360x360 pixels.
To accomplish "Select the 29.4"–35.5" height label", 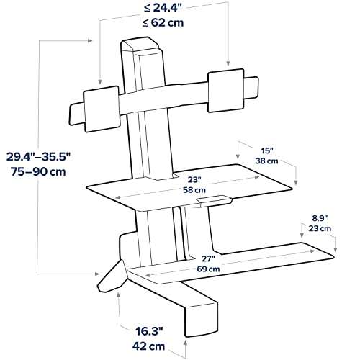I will [x=40, y=157].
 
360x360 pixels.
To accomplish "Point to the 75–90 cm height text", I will [x=40, y=173].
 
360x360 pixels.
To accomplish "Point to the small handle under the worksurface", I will [x=212, y=198].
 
